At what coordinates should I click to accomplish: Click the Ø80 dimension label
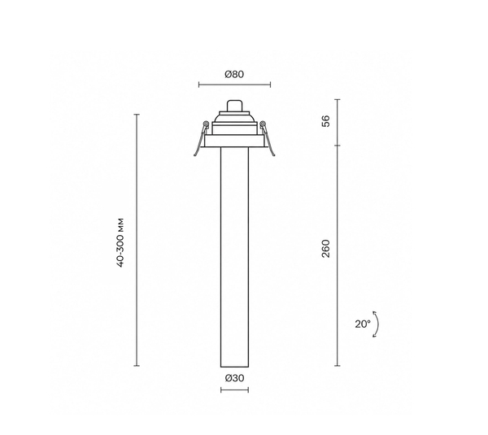(234, 74)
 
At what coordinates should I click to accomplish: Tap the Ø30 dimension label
(235, 378)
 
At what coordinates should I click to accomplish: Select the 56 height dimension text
(325, 121)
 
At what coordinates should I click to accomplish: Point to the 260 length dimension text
(325, 248)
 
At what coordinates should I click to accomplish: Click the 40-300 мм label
(120, 242)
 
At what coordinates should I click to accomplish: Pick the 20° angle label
(363, 324)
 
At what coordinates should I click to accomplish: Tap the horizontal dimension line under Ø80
(235, 85)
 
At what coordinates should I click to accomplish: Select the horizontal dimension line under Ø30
(235, 390)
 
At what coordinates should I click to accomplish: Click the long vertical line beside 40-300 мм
(137, 240)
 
